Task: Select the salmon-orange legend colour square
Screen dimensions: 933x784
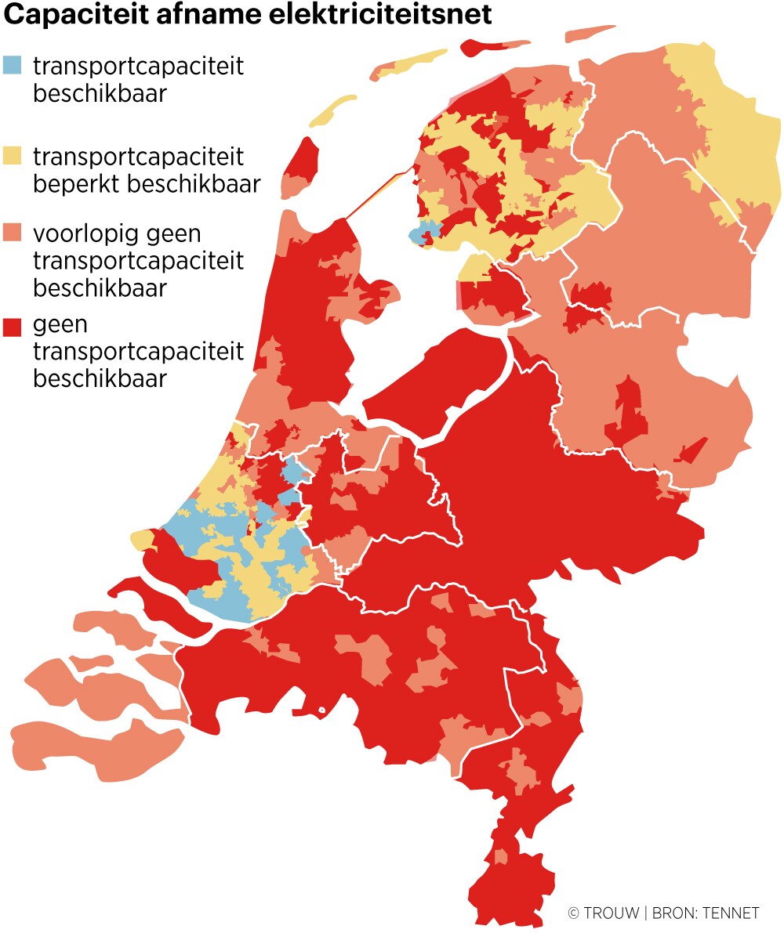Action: [x=13, y=233]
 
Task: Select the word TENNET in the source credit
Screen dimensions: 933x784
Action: [x=731, y=913]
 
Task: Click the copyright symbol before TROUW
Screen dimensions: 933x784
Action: [x=573, y=913]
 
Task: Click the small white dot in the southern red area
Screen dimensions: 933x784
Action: [x=321, y=711]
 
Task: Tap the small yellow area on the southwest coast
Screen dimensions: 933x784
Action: [x=142, y=539]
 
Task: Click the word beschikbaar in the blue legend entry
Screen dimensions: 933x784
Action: [x=100, y=93]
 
